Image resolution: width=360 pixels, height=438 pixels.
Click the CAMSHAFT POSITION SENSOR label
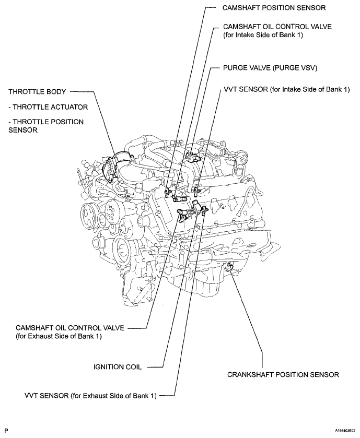(x=274, y=8)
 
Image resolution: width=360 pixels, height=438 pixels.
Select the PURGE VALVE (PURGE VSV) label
(x=270, y=68)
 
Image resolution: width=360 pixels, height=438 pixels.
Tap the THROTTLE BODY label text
(x=37, y=92)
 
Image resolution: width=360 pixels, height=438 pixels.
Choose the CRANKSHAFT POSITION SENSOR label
(x=283, y=374)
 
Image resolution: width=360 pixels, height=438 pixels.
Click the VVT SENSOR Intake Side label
(x=286, y=89)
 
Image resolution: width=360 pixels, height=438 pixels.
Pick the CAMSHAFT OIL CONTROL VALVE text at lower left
(x=71, y=327)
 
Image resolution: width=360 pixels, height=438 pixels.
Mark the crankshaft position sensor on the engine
(x=227, y=268)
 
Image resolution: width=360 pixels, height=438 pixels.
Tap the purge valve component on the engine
(x=195, y=155)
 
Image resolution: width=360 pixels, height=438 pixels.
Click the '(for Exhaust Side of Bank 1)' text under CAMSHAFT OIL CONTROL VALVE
(x=59, y=337)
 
